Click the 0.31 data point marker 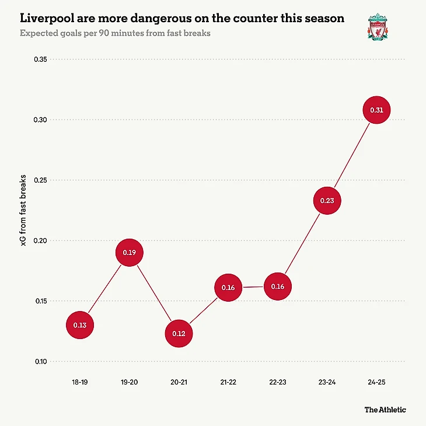(376, 110)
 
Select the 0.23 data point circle (327, 201)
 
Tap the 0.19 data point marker (130, 253)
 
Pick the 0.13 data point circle (80, 325)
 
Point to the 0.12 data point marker (179, 334)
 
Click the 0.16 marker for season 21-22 (228, 288)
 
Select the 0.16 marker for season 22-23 (277, 287)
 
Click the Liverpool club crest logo (376, 26)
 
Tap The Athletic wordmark (385, 410)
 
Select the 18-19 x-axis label (80, 382)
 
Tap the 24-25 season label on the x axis (376, 382)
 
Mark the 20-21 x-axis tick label (179, 382)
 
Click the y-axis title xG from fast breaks (23, 210)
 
